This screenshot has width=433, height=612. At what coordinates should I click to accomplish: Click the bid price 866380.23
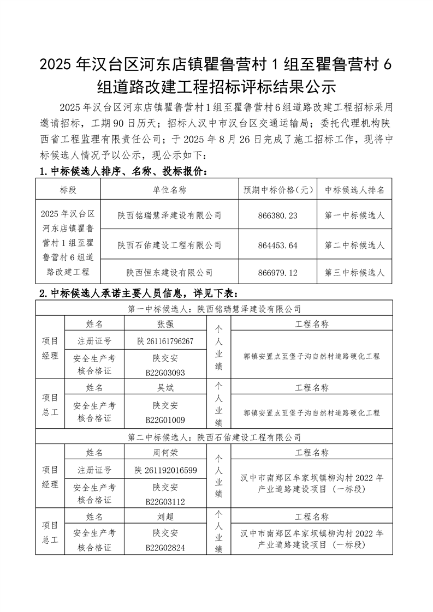(277, 215)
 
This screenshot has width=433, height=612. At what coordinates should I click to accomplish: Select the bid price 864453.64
(277, 245)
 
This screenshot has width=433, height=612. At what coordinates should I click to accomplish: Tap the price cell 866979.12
(277, 272)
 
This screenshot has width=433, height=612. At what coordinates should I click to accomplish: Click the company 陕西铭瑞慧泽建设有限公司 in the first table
(170, 215)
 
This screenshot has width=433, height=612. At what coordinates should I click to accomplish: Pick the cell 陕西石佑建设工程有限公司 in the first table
(170, 245)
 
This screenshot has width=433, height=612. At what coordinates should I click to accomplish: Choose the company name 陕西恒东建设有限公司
(170, 272)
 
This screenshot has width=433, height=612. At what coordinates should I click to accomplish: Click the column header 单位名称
(170, 190)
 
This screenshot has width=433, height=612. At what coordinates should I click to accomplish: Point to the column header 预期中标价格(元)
(277, 190)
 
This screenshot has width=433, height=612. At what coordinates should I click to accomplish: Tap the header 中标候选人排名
(354, 190)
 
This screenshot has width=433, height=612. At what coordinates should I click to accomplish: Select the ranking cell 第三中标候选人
(354, 272)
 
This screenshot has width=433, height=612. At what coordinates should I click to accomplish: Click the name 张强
(165, 324)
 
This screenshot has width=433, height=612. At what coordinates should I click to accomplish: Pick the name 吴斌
(165, 388)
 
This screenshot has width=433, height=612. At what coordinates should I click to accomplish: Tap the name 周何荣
(165, 453)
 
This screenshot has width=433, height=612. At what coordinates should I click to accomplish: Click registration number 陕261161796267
(165, 341)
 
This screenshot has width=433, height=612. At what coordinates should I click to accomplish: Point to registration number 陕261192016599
(165, 470)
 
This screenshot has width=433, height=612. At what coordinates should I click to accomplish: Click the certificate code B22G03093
(165, 373)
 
